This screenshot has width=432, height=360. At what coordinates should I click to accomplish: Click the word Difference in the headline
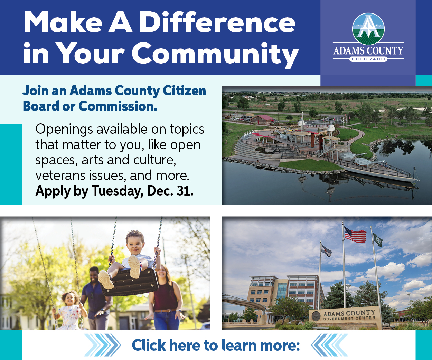click(x=217, y=22)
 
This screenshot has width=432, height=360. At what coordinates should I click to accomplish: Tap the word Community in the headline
click(x=215, y=54)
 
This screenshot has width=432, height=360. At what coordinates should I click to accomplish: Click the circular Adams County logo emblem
click(x=368, y=29)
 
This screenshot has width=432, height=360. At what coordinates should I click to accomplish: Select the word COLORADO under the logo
click(x=368, y=59)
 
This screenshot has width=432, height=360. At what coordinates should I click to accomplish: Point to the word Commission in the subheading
click(x=118, y=106)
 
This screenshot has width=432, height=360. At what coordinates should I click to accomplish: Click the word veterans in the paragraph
click(x=60, y=176)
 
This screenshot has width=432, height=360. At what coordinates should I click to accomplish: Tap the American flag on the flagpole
click(x=355, y=234)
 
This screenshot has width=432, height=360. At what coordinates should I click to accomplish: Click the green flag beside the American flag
click(x=378, y=239)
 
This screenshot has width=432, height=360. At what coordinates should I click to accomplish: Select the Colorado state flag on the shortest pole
click(x=326, y=250)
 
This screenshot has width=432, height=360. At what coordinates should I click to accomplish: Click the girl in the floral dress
click(x=69, y=310)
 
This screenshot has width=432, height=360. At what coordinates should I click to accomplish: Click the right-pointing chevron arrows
click(x=102, y=345)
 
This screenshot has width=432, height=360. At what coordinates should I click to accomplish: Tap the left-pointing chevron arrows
click(x=329, y=345)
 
